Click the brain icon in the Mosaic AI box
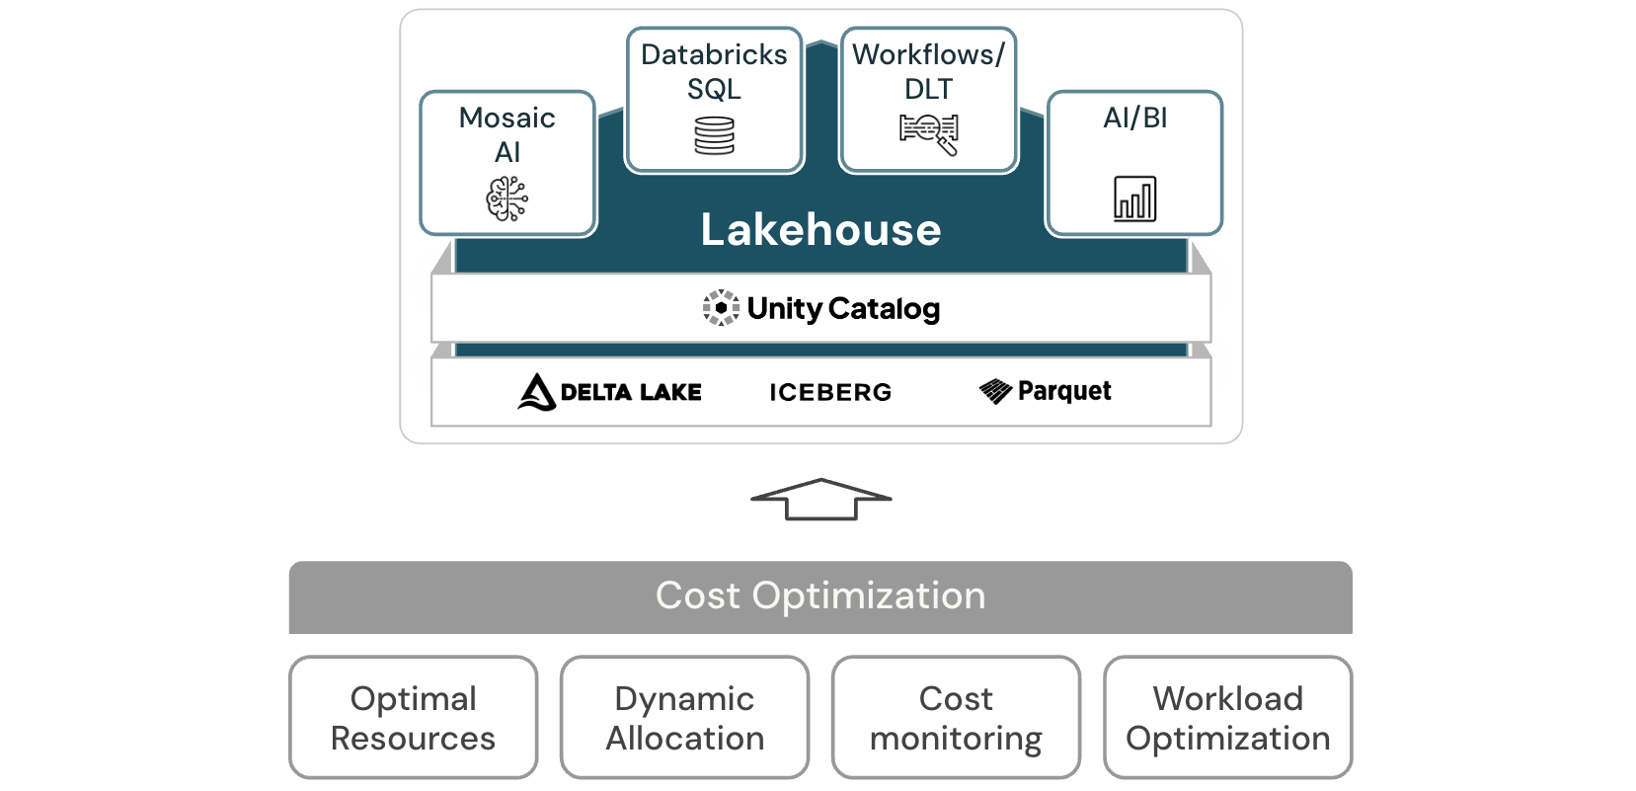pos(506,198)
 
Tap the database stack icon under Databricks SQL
pos(714,135)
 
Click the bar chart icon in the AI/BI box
pos(1134,198)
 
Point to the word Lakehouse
pos(820,230)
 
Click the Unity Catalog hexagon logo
pos(721,308)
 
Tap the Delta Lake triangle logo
pos(536,392)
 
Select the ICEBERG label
pos(830,392)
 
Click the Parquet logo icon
pos(995,391)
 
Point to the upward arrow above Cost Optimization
pos(820,499)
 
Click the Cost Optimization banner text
pos(820,596)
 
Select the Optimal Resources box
pos(413,718)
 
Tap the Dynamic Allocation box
pos(684,718)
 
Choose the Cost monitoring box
pos(956,718)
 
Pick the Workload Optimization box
pos(1227,718)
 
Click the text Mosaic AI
pos(507,134)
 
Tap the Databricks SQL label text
pos(714,71)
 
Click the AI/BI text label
pos(1134,119)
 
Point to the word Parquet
pos(1064,391)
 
